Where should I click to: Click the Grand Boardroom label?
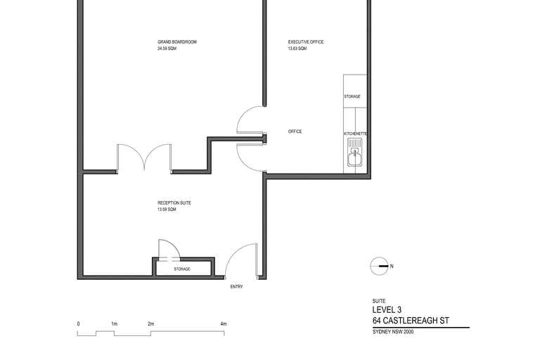click(177, 42)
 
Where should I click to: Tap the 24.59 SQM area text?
click(167, 49)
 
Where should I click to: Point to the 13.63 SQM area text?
click(297, 49)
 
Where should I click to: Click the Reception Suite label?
click(174, 203)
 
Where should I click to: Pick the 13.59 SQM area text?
click(167, 210)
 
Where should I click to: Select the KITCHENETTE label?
click(356, 133)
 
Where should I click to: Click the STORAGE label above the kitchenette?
click(352, 96)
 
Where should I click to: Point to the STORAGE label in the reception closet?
click(182, 269)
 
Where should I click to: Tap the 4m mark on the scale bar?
click(224, 323)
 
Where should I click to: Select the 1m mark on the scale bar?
click(114, 323)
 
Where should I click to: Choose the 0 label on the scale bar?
click(78, 323)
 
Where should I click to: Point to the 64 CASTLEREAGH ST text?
click(411, 321)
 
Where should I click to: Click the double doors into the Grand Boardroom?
click(143, 157)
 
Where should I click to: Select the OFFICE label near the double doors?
click(295, 131)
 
